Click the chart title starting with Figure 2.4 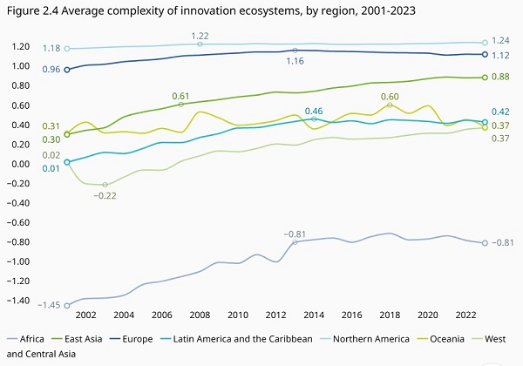tap(211, 11)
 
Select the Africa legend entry tap(25, 339)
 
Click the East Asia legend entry tap(77, 339)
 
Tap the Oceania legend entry tap(441, 339)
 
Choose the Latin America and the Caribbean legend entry tap(236, 339)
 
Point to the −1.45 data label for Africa tap(49, 305)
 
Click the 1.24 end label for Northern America tap(500, 40)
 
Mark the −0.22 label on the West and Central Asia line tap(105, 196)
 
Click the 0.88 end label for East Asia tap(500, 77)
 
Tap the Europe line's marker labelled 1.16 tap(295, 51)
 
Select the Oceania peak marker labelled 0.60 tap(390, 105)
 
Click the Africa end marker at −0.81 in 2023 tap(485, 243)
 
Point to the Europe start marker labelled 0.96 tap(67, 70)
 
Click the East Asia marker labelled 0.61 tap(180, 105)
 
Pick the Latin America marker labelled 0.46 tap(314, 119)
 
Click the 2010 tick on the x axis tap(238, 315)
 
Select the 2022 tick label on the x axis tap(466, 315)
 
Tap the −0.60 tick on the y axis tap(18, 222)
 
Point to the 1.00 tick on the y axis tap(21, 66)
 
